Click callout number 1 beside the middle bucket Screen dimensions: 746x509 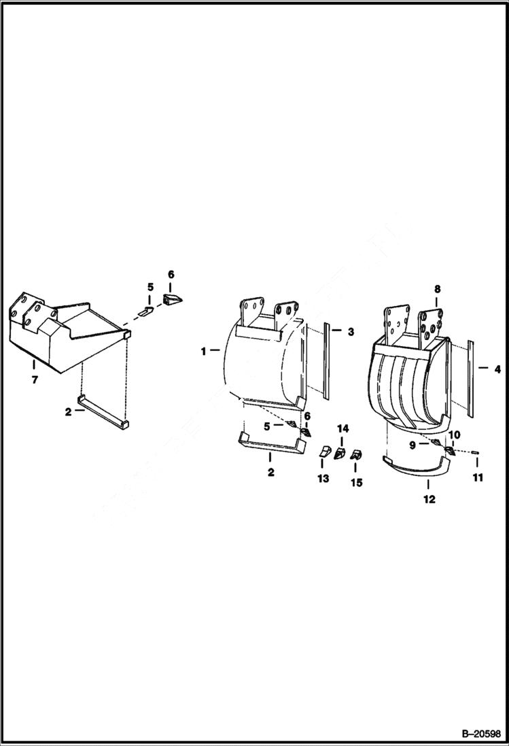pyautogui.click(x=203, y=351)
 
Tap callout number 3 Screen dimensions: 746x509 pyautogui.click(x=351, y=332)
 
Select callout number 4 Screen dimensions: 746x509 pyautogui.click(x=497, y=370)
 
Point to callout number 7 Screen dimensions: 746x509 pyautogui.click(x=34, y=381)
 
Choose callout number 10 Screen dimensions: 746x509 pyautogui.click(x=454, y=435)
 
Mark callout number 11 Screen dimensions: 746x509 pyautogui.click(x=478, y=478)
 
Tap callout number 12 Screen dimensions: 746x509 pyautogui.click(x=429, y=500)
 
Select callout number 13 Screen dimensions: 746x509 pyautogui.click(x=323, y=479)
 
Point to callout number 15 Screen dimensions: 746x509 pyautogui.click(x=356, y=483)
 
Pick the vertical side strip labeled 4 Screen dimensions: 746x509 pyautogui.click(x=470, y=378)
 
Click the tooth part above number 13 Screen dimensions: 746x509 pyautogui.click(x=324, y=452)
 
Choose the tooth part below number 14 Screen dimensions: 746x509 pyautogui.click(x=340, y=452)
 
